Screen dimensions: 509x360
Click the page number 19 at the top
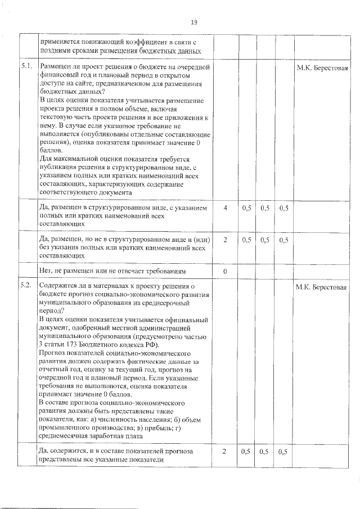[193, 22]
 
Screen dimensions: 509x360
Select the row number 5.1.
[26, 67]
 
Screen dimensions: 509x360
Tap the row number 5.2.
[26, 286]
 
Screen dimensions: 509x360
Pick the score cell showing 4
[225, 208]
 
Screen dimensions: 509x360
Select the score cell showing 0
[225, 271]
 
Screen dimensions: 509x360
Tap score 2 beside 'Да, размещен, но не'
[225, 240]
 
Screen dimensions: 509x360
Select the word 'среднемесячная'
[66, 435]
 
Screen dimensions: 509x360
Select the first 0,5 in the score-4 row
[246, 208]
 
